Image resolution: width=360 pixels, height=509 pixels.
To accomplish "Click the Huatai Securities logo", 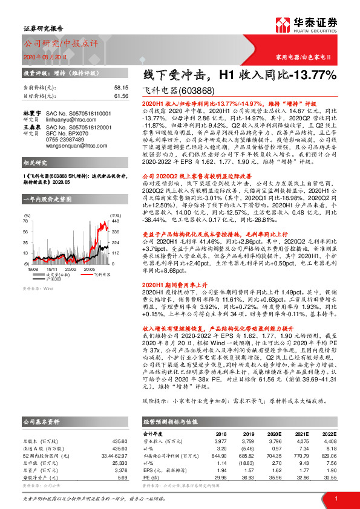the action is click(316, 27).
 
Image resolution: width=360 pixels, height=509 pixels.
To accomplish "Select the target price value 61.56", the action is click(122, 96).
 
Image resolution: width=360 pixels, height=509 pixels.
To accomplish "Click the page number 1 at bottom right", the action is click(335, 497).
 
